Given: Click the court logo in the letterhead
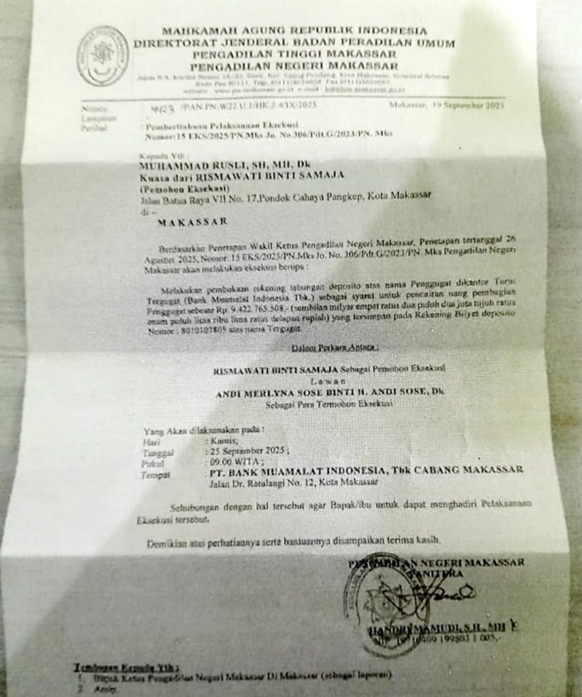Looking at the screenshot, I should pos(102,56).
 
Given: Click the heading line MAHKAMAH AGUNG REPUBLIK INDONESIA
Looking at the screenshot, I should pos(295,31).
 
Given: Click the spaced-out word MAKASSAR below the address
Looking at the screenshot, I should pos(193,222).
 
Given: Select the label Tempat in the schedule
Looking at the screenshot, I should pos(155,475).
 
